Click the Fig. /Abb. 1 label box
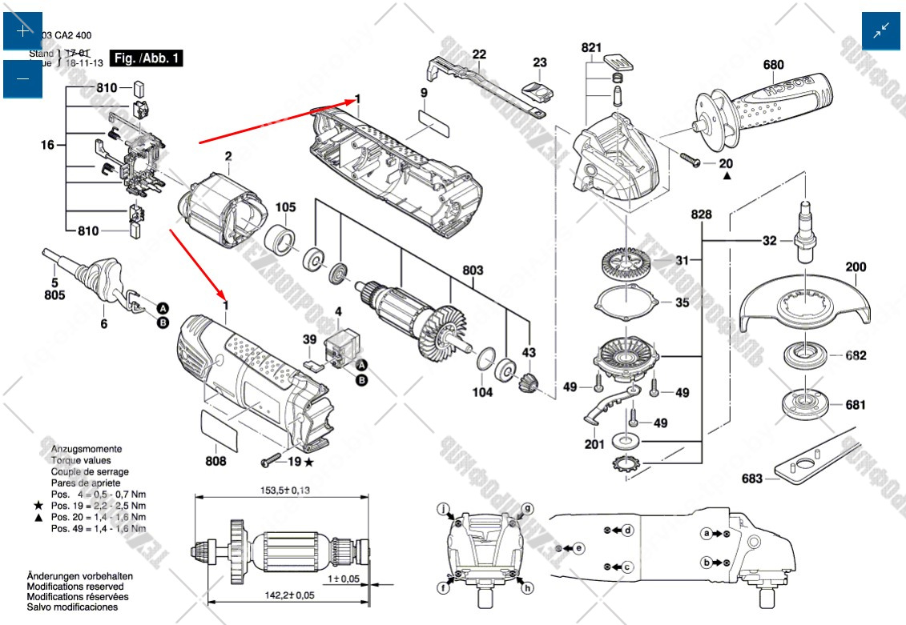pos(147,58)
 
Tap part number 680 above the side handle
pos(773,65)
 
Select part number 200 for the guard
pos(855,267)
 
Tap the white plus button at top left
pos(22,31)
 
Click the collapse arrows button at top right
pos(881,31)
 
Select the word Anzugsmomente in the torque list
pos(87,449)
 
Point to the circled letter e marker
pos(579,548)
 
